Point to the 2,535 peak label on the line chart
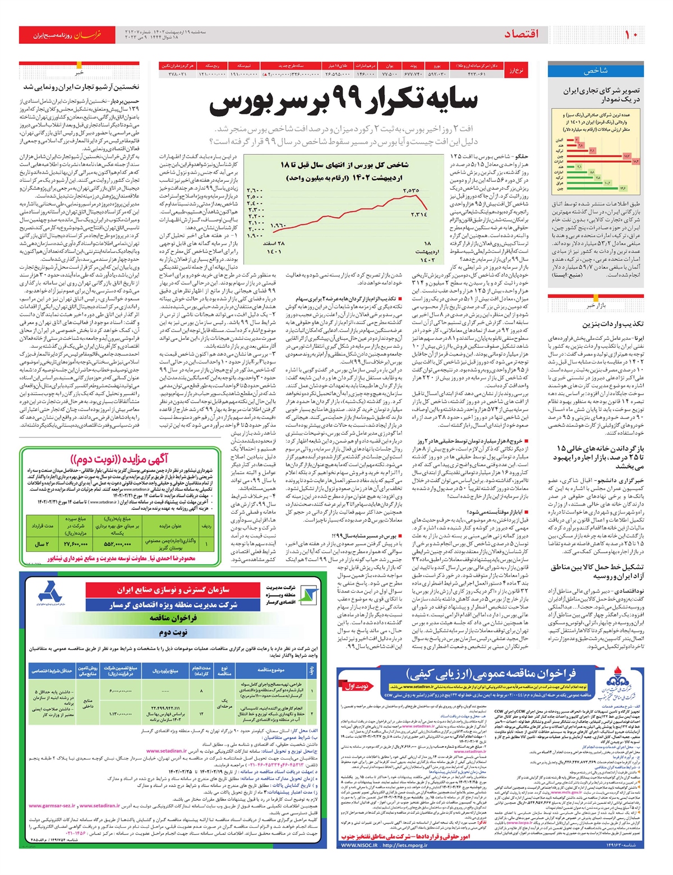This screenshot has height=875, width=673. [x=411, y=191]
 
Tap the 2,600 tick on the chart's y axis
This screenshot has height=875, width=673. [x=255, y=191]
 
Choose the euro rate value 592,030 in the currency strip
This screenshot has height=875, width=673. [x=437, y=73]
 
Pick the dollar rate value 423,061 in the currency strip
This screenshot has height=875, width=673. [x=476, y=73]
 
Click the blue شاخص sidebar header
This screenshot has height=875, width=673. [x=596, y=71]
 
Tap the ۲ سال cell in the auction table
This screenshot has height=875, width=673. [x=42, y=544]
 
